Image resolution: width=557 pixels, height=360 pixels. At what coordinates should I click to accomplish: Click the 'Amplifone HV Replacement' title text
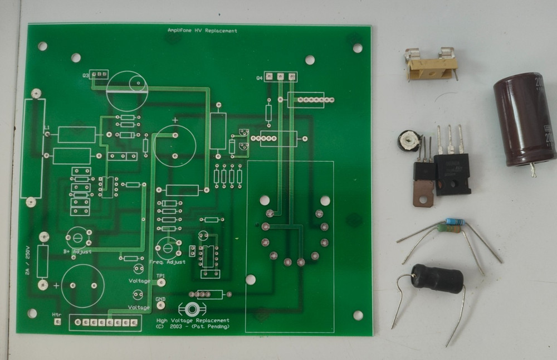pyautogui.click(x=202, y=31)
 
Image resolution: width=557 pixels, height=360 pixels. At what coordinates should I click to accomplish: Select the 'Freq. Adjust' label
pyautogui.click(x=167, y=261)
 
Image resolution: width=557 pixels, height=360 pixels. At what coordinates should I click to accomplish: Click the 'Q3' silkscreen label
pyautogui.click(x=86, y=75)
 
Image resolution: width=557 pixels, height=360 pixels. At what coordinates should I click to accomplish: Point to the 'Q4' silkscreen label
pyautogui.click(x=259, y=78)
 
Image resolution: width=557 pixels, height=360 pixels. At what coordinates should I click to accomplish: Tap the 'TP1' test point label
pyautogui.click(x=160, y=276)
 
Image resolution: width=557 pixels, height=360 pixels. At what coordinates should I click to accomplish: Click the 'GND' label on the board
pyautogui.click(x=160, y=299)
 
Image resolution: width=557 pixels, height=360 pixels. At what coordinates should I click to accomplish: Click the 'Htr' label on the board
pyautogui.click(x=56, y=315)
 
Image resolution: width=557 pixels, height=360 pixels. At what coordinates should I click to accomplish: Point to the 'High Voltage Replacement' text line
pyautogui.click(x=193, y=320)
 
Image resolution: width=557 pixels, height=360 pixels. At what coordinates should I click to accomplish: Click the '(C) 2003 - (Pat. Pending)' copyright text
pyautogui.click(x=193, y=328)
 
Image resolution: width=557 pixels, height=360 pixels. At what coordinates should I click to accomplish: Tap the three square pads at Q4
pyautogui.click(x=281, y=76)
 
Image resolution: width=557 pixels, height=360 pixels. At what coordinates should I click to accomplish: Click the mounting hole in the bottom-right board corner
pyautogui.click(x=358, y=315)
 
